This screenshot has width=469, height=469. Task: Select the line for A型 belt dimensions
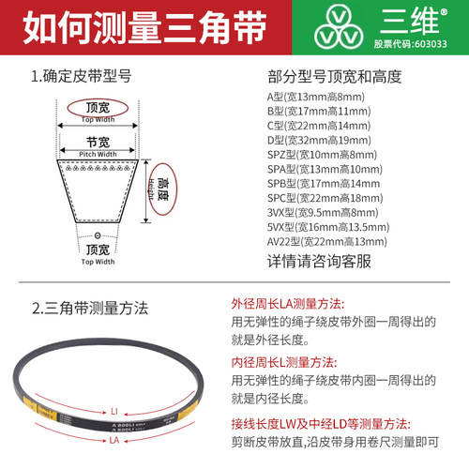pyautogui.click(x=315, y=97)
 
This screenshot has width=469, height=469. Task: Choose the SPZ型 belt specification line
pyautogui.click(x=322, y=155)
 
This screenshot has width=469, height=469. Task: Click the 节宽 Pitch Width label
pyautogui.click(x=98, y=145)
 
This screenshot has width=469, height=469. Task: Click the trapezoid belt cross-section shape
pyautogui.click(x=98, y=189)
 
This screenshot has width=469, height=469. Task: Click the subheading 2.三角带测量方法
pyautogui.click(x=90, y=307)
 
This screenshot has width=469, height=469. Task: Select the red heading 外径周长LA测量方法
pyautogui.click(x=287, y=305)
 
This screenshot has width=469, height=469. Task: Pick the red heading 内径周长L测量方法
pyautogui.click(x=283, y=362)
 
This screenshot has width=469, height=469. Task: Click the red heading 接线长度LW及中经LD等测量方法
pyautogui.click(x=319, y=421)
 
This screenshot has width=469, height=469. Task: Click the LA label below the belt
pyautogui.click(x=113, y=438)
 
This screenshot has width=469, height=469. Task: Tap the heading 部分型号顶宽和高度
pyautogui.click(x=334, y=77)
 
